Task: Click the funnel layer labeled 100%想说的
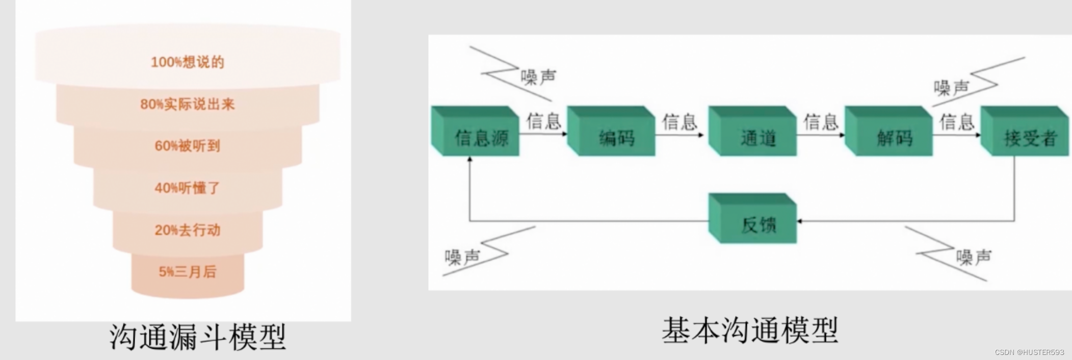(x=188, y=62)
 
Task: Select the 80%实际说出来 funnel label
(x=188, y=105)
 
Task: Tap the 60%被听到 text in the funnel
(x=188, y=146)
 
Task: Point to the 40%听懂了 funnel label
(x=188, y=188)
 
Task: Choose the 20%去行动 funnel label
(x=188, y=230)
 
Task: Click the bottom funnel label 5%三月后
(x=188, y=272)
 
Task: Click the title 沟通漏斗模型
(x=198, y=337)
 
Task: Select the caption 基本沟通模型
(x=750, y=330)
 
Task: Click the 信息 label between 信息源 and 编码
(x=543, y=121)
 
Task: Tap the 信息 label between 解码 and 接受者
(x=957, y=122)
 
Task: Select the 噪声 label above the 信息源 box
(x=538, y=78)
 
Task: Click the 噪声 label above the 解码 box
(x=951, y=88)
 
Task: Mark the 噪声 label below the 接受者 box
(x=974, y=257)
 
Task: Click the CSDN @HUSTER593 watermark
(x=1029, y=352)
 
